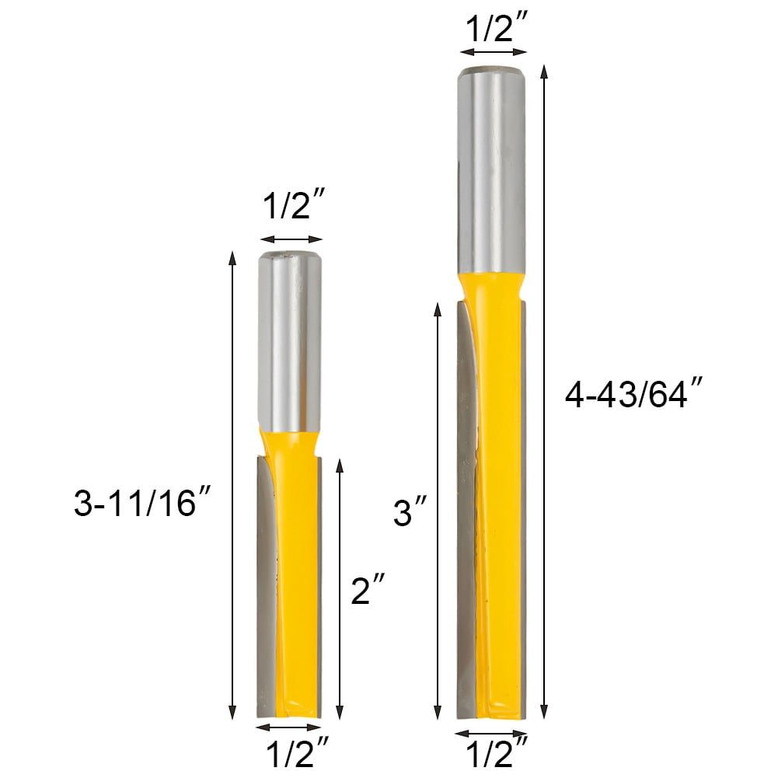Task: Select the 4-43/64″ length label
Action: [627, 396]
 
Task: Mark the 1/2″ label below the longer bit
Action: [494, 754]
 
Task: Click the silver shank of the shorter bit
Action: [290, 342]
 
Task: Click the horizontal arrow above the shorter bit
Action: [291, 239]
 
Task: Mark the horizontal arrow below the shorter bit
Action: [288, 727]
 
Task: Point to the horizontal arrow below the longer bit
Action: [490, 733]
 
